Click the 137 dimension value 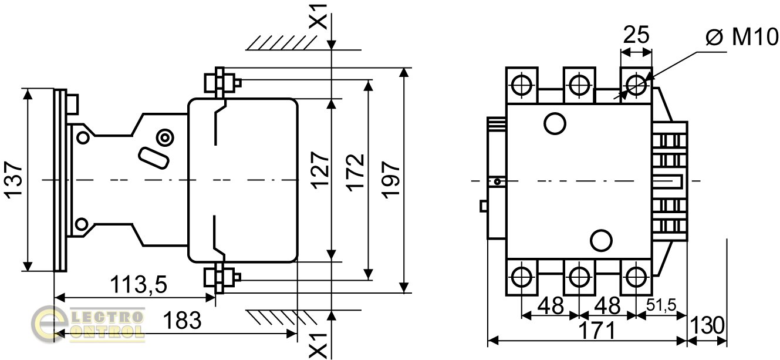click(x=15, y=179)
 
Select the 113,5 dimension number click(x=140, y=285)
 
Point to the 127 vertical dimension click(x=320, y=170)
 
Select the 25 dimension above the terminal click(x=636, y=35)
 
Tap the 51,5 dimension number click(x=661, y=305)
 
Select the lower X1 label click(x=318, y=344)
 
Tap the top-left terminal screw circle click(x=522, y=86)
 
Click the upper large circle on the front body click(x=555, y=123)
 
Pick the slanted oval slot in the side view click(x=152, y=157)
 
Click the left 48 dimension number click(x=550, y=305)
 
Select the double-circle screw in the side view click(x=166, y=138)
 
